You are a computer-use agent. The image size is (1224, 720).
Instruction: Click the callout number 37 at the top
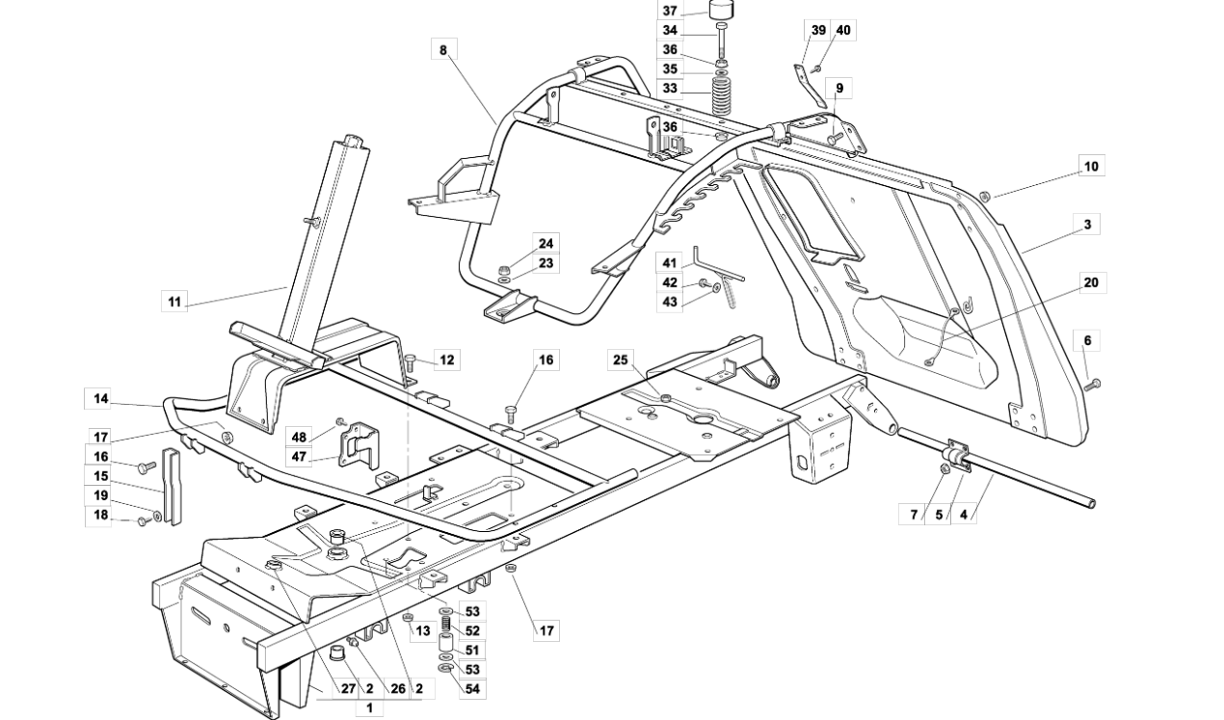tap(670, 11)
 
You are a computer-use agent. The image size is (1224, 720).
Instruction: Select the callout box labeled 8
tap(443, 50)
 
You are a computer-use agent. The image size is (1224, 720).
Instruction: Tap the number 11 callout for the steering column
tap(174, 302)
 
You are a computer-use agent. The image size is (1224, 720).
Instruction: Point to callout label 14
tap(101, 398)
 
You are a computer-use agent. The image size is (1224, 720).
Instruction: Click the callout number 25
tap(621, 360)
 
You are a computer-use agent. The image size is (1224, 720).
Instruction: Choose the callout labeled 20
tap(1091, 282)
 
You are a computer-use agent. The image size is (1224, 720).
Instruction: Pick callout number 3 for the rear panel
tap(1087, 224)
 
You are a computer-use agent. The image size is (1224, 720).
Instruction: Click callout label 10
tap(1091, 166)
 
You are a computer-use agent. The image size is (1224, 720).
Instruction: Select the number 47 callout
tap(299, 456)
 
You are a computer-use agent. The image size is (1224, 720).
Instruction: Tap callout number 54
tap(472, 689)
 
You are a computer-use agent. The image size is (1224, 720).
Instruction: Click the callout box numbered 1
tap(369, 708)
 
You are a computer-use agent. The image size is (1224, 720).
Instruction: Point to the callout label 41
tap(670, 263)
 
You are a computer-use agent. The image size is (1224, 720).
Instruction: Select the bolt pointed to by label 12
tap(411, 362)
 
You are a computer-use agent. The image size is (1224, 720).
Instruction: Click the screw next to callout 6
tap(1092, 385)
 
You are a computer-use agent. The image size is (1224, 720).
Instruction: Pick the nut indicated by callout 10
tap(985, 196)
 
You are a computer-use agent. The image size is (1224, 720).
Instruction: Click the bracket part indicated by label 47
tap(358, 444)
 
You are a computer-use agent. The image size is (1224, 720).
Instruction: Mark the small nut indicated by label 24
tap(505, 270)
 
